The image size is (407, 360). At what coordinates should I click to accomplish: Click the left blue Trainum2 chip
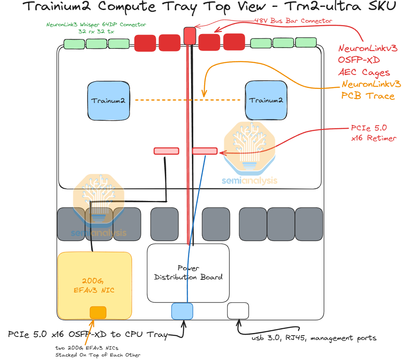[109, 100]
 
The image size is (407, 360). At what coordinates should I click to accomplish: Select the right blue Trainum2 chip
[266, 100]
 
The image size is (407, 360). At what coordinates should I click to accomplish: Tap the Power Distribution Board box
[188, 273]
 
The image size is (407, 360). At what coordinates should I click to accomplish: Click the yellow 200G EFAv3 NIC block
[95, 285]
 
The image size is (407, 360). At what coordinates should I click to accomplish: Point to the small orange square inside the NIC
[98, 312]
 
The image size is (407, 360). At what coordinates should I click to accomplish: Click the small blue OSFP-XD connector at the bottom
[182, 311]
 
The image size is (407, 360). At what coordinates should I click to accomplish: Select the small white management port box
[238, 311]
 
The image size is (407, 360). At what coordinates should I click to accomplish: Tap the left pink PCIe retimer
[166, 151]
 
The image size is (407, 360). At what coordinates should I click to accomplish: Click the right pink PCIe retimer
[205, 151]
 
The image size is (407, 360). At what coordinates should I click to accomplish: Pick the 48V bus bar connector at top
[189, 35]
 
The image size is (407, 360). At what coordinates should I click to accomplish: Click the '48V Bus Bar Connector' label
[293, 20]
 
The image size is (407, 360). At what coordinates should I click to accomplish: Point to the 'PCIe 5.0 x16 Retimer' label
[369, 133]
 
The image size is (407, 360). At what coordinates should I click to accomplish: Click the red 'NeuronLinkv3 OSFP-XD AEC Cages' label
[368, 60]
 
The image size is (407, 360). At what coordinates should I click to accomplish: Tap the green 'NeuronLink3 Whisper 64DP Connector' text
[96, 27]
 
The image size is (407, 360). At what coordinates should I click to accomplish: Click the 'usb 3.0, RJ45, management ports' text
[313, 338]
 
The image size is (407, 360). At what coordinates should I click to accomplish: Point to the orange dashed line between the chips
[188, 100]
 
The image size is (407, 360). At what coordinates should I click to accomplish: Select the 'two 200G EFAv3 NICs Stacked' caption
[98, 351]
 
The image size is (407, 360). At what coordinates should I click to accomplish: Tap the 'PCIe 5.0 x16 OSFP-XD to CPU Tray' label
[88, 335]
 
